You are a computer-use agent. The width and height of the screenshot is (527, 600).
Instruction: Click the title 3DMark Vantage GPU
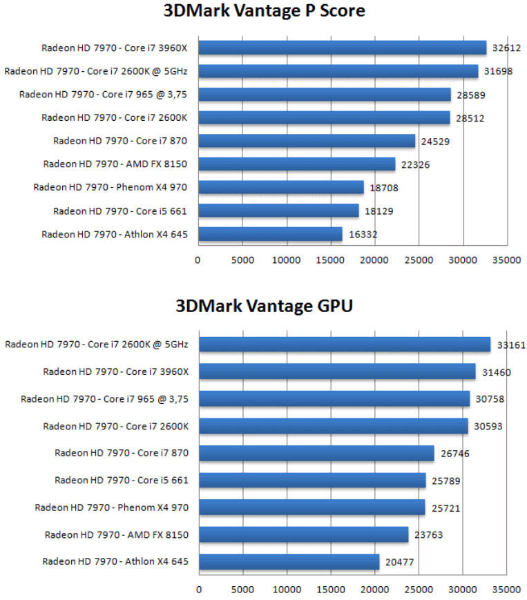pyautogui.click(x=264, y=306)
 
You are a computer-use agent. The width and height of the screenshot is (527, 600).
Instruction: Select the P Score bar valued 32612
pyautogui.click(x=342, y=48)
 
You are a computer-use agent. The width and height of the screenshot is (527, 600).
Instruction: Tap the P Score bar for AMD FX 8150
pyautogui.click(x=296, y=164)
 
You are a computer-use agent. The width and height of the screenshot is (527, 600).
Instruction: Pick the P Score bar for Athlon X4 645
pyautogui.click(x=270, y=235)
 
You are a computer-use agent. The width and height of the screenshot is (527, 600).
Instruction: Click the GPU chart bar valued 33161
pyautogui.click(x=345, y=344)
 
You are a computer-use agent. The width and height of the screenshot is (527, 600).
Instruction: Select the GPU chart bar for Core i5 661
pyautogui.click(x=312, y=480)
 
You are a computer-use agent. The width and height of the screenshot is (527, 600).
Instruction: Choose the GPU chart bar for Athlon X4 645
pyautogui.click(x=289, y=562)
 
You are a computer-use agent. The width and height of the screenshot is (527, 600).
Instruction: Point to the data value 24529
pyautogui.click(x=436, y=142)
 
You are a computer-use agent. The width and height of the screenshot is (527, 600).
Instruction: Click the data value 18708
pyautogui.click(x=384, y=188)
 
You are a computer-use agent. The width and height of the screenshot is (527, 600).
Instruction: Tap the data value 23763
pyautogui.click(x=429, y=534)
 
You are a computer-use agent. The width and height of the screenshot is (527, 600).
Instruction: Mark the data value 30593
pyautogui.click(x=488, y=426)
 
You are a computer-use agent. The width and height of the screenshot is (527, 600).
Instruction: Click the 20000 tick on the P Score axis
pyautogui.click(x=374, y=260)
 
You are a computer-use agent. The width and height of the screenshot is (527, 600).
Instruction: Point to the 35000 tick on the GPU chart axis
pyautogui.click(x=508, y=590)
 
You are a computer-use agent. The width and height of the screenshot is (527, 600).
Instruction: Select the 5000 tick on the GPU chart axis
pyautogui.click(x=243, y=590)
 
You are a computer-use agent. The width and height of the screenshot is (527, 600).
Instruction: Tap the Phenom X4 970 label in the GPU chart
pyautogui.click(x=112, y=507)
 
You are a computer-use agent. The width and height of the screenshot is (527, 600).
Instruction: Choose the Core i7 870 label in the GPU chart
pyautogui.click(x=122, y=453)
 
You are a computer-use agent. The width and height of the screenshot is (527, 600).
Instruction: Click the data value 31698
pyautogui.click(x=498, y=71)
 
